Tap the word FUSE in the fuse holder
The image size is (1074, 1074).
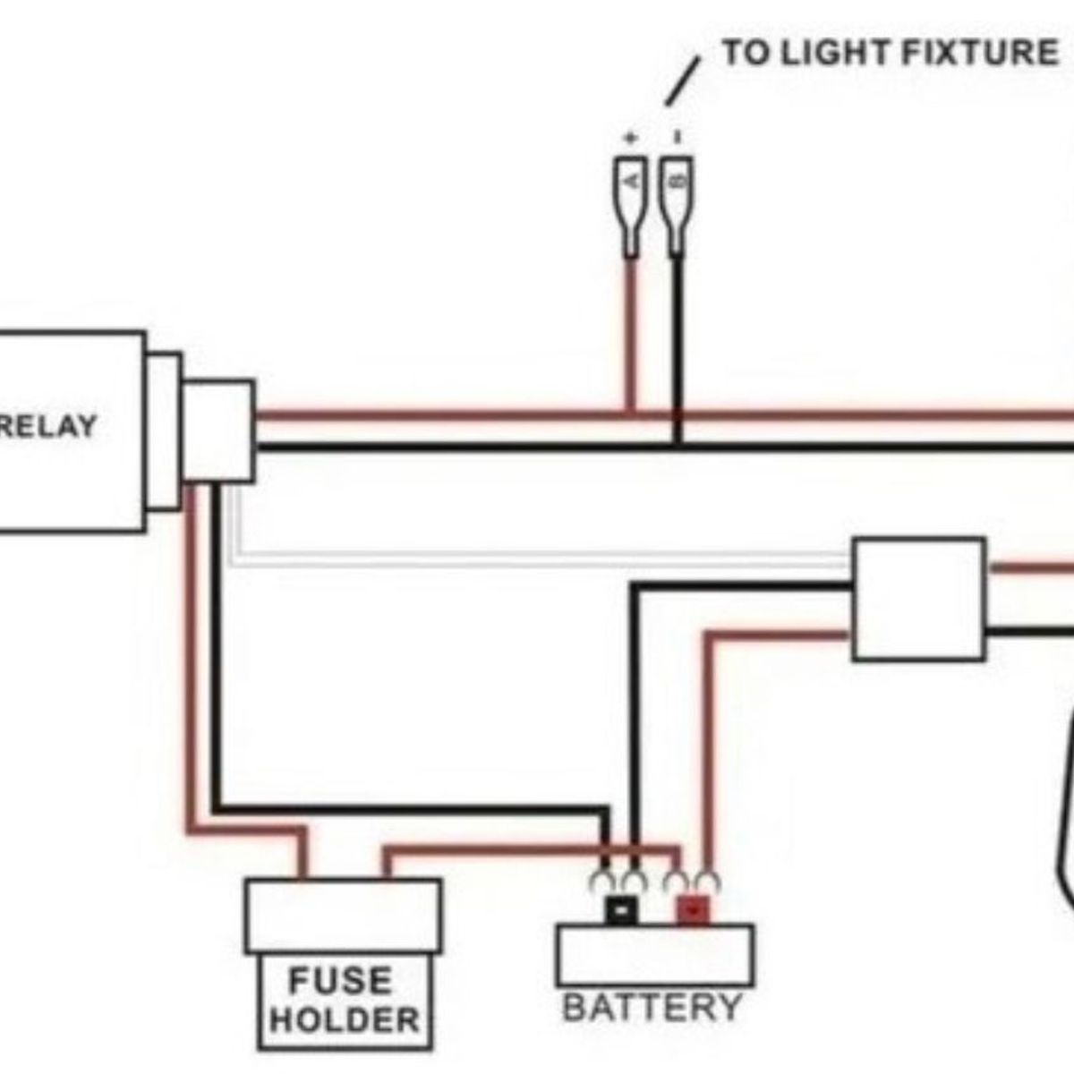pos(340,980)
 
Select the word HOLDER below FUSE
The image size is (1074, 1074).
pos(345,1020)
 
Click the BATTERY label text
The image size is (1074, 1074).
pos(652,1008)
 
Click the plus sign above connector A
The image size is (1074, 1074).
pos(630,138)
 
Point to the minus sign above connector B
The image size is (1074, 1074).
pos(678,137)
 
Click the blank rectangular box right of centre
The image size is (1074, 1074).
pos(919,600)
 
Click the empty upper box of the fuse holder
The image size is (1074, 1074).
pos(343,915)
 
